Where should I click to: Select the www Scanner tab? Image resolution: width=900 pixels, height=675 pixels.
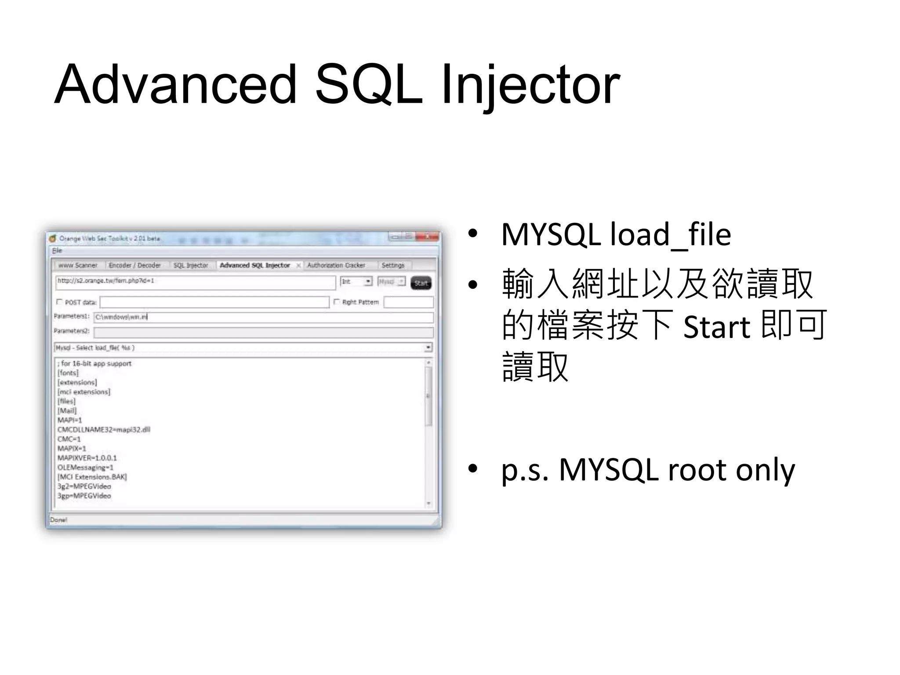pyautogui.click(x=78, y=265)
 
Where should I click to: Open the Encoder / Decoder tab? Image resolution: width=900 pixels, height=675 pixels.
pyautogui.click(x=134, y=265)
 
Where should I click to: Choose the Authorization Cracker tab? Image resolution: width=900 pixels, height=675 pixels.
pyautogui.click(x=336, y=265)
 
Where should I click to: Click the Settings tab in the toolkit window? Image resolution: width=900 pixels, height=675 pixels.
pyautogui.click(x=393, y=265)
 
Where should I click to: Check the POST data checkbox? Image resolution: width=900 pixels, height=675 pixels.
pyautogui.click(x=60, y=302)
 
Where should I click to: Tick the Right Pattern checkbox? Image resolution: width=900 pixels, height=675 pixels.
pyautogui.click(x=337, y=302)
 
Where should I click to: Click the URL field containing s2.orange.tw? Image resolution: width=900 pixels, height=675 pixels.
pyautogui.click(x=196, y=282)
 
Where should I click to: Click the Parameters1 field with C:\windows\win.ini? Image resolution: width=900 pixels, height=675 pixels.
pyautogui.click(x=264, y=317)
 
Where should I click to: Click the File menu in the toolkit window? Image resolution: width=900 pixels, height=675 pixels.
pyautogui.click(x=57, y=250)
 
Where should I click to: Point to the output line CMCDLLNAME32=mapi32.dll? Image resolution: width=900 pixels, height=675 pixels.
pyautogui.click(x=104, y=429)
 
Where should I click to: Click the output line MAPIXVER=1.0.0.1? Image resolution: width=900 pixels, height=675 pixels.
pyautogui.click(x=87, y=458)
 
